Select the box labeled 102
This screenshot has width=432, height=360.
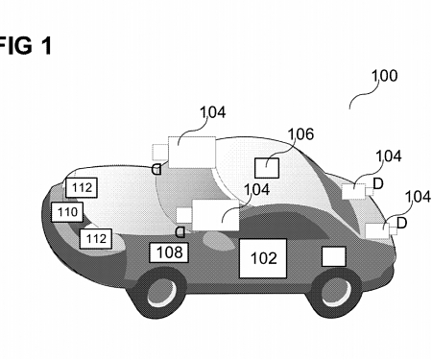[x=263, y=257]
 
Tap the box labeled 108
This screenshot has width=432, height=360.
[x=167, y=252]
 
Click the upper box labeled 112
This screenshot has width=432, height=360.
[x=82, y=187]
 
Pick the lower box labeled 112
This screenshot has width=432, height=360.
[x=96, y=237]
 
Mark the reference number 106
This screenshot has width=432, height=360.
[x=300, y=134]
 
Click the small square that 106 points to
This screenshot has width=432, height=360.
[x=266, y=168]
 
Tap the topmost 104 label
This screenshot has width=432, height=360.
[x=213, y=112]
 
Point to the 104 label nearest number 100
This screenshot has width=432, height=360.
[x=388, y=156]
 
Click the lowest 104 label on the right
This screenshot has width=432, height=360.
[x=418, y=197]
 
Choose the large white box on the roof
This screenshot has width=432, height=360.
[x=191, y=153]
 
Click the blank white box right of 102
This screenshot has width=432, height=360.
[x=333, y=255]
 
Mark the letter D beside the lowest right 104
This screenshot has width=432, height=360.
[x=401, y=223]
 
